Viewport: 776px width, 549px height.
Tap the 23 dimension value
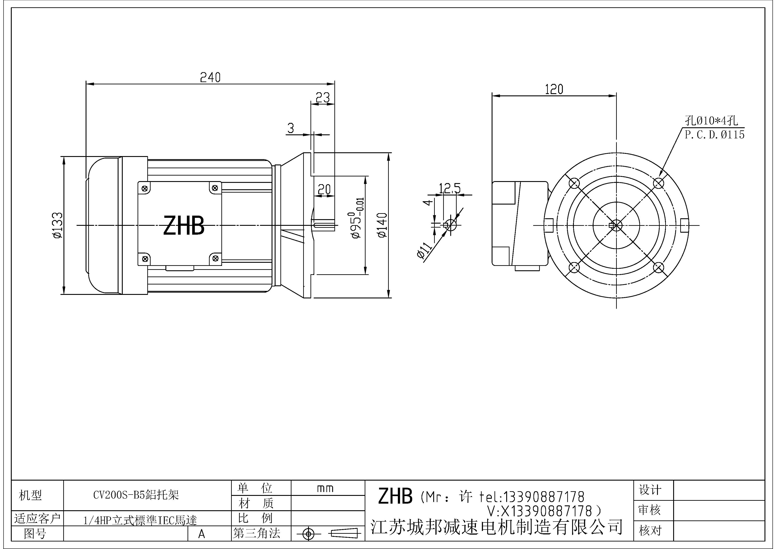click(322, 98)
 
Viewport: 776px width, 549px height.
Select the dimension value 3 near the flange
click(291, 128)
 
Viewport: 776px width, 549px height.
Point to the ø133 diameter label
click(57, 225)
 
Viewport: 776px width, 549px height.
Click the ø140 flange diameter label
click(382, 225)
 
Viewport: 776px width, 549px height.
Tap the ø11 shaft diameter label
click(425, 251)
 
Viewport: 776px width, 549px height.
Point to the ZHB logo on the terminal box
click(184, 226)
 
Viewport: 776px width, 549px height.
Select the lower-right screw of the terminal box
click(215, 259)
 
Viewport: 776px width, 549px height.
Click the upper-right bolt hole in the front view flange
click(658, 183)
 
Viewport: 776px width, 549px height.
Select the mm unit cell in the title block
click(325, 488)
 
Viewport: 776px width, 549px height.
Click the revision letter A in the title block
click(201, 534)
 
